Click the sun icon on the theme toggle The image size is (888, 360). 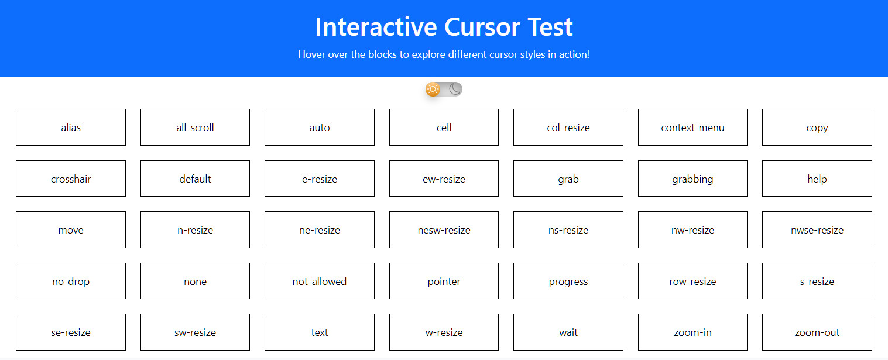433,89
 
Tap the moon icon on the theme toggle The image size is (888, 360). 455,89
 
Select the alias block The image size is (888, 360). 71,127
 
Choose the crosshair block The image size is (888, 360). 71,179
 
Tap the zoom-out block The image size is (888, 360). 817,332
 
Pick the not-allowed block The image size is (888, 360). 320,281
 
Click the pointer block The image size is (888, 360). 444,281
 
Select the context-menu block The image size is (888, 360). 692,127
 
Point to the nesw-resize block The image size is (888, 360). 444,230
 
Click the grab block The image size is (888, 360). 568,179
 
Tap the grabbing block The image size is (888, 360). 692,179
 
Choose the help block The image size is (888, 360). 817,179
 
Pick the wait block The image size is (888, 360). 568,332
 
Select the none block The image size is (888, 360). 195,281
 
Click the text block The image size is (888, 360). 320,332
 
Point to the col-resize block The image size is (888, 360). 568,127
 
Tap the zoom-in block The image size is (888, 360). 692,332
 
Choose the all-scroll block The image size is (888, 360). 195,127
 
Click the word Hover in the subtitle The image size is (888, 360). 311,54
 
